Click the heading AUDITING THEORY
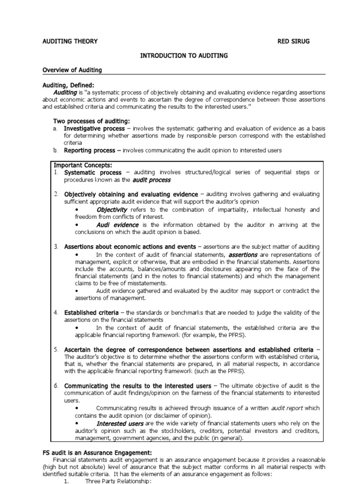coord(70,41)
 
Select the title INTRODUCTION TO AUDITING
coord(184,56)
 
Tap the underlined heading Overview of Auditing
coord(72,70)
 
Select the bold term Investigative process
coord(95,129)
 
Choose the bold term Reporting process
coord(90,150)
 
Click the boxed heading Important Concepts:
coord(83,165)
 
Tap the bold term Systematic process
coord(93,173)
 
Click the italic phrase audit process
coord(151,180)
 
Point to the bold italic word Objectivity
coord(112,209)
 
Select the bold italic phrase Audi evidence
coord(118,225)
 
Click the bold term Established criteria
coord(92,312)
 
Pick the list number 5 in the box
coord(56,349)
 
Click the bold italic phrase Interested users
coord(120,423)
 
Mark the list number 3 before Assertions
coord(56,247)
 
